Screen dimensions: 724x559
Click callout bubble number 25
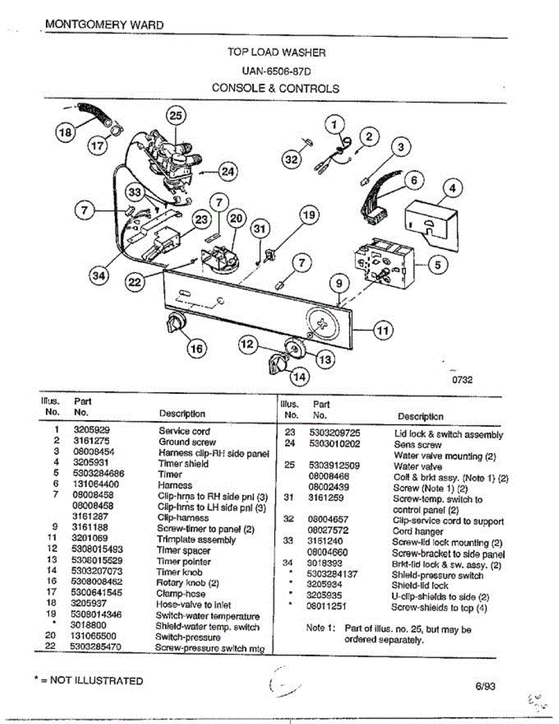point(176,116)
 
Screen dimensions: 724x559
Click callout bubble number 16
point(196,348)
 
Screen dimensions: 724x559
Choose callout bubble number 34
point(98,276)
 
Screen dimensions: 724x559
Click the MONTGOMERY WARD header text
point(104,25)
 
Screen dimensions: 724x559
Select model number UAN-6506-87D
point(276,71)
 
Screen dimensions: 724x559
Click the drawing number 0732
point(461,380)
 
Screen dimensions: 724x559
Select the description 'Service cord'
point(184,431)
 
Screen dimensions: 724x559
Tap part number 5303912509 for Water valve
point(334,466)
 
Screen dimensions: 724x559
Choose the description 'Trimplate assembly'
point(196,539)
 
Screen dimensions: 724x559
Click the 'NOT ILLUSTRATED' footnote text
point(96,681)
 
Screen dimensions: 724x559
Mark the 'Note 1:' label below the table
point(320,628)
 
